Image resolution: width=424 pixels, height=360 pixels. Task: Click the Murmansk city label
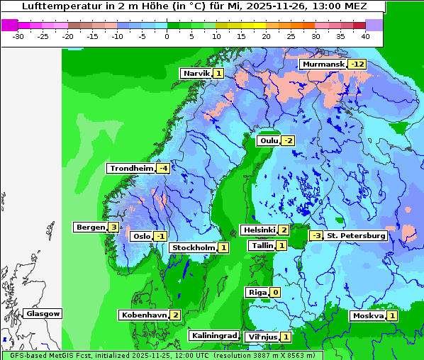323,64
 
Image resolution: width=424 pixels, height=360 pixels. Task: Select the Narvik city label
196,73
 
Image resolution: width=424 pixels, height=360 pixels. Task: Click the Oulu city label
269,140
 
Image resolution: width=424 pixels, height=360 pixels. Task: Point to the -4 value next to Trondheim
163,169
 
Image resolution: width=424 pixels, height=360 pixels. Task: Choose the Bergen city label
90,227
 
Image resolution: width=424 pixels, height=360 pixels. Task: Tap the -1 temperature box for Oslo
161,237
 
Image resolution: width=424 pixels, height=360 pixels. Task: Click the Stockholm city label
193,247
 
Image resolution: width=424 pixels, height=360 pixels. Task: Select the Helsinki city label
258,230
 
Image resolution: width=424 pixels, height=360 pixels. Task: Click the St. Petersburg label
355,235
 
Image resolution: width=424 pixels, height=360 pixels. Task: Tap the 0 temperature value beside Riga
275,292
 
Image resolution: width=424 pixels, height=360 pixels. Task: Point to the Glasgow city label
43,313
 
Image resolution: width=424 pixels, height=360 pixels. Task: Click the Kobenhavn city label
143,315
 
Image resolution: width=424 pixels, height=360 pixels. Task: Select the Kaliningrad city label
213,335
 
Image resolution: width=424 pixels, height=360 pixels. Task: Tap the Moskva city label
368,316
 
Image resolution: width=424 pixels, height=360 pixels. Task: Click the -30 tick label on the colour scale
18,36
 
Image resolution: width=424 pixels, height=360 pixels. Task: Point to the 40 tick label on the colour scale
365,36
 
